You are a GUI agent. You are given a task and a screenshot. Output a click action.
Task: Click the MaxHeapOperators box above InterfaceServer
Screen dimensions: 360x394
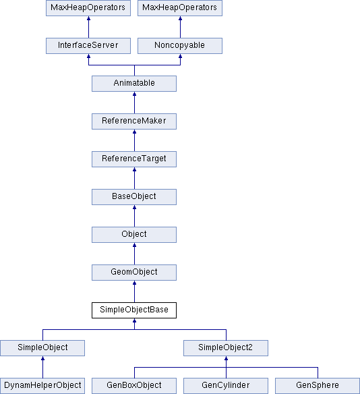(x=88, y=8)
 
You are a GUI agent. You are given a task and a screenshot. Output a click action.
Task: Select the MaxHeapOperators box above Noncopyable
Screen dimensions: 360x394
(x=180, y=8)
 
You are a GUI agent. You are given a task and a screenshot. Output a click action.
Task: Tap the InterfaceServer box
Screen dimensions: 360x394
(x=88, y=46)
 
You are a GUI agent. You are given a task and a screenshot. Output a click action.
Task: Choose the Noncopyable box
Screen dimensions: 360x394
(x=180, y=46)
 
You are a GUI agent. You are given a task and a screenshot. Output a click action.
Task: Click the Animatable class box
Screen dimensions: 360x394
(x=134, y=84)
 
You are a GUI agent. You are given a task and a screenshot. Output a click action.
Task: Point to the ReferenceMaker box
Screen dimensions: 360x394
(x=134, y=121)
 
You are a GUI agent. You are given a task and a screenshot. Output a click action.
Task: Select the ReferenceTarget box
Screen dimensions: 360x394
(x=134, y=159)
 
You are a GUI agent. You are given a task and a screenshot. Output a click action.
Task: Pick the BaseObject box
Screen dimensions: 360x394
(x=134, y=197)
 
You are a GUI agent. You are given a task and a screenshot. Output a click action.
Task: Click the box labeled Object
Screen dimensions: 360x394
(x=134, y=235)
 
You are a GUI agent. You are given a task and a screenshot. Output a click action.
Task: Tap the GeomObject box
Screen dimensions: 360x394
(x=134, y=273)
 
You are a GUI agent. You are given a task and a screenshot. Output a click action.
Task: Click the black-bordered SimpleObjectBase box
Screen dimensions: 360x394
(x=134, y=310)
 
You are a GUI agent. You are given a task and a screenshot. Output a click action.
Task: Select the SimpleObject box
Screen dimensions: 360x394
(x=42, y=348)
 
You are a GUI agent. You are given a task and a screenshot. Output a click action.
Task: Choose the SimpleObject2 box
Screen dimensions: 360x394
(x=226, y=348)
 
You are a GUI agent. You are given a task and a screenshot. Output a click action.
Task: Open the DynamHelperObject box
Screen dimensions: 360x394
(x=42, y=386)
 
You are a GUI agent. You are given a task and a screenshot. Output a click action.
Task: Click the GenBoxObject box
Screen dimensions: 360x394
(x=134, y=386)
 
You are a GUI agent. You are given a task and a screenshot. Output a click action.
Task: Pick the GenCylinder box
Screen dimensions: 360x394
(x=226, y=386)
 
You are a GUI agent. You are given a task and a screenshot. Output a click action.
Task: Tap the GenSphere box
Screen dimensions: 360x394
(x=318, y=386)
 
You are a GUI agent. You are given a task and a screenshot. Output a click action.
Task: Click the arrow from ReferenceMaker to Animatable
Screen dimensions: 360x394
(x=134, y=103)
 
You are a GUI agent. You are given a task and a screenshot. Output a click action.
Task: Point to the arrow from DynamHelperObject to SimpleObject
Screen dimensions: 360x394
(x=42, y=367)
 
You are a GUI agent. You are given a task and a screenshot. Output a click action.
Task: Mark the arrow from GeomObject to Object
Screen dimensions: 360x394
(x=134, y=254)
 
